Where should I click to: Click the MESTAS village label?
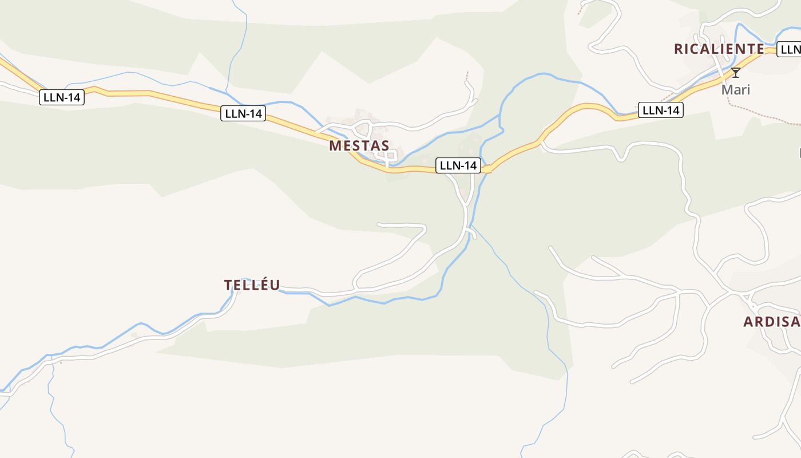pyautogui.click(x=359, y=145)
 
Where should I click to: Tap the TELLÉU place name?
pyautogui.click(x=252, y=285)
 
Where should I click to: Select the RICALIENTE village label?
pyautogui.click(x=719, y=49)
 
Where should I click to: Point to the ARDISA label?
pyautogui.click(x=771, y=322)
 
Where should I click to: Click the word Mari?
pyautogui.click(x=735, y=90)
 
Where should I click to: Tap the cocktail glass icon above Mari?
pyautogui.click(x=736, y=73)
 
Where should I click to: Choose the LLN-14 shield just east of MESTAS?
pyautogui.click(x=458, y=165)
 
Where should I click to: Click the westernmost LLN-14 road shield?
pyautogui.click(x=62, y=97)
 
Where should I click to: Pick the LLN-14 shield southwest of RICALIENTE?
pyautogui.click(x=661, y=110)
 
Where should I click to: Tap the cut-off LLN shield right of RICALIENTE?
pyautogui.click(x=790, y=49)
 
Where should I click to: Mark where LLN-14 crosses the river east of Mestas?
pyautogui.click(x=487, y=169)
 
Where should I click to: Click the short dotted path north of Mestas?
pyautogui.click(x=467, y=76)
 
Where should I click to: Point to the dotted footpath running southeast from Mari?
pyautogui.click(x=761, y=117)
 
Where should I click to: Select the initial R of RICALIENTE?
pyautogui.click(x=679, y=49)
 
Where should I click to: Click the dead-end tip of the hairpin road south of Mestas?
pyautogui.click(x=379, y=224)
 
